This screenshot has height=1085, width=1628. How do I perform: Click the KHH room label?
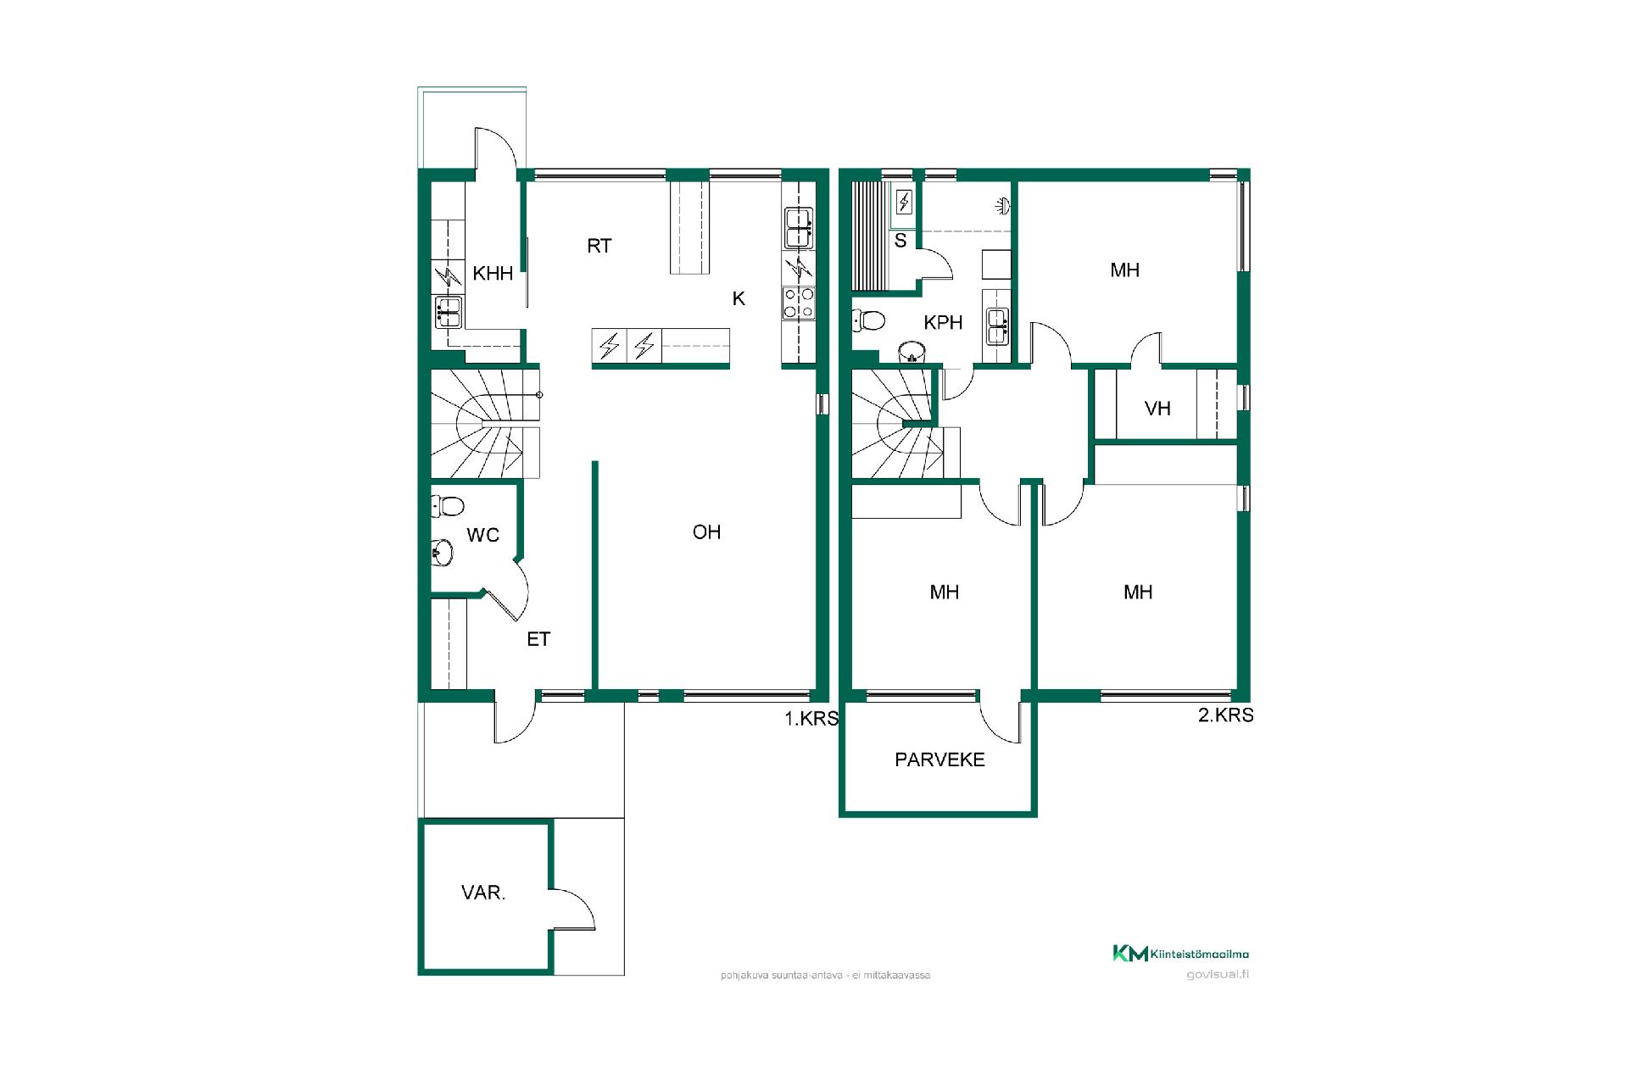(493, 273)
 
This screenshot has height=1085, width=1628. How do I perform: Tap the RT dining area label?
(599, 246)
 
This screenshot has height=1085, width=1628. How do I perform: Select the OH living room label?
(706, 531)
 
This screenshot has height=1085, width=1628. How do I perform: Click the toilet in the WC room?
(447, 507)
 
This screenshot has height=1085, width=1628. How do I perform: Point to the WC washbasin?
(441, 552)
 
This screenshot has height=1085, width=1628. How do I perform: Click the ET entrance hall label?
(538, 639)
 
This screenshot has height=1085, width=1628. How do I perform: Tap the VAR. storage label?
(483, 893)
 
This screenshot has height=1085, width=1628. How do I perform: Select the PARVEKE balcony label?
(939, 759)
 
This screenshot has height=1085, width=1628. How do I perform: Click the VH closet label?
(1157, 409)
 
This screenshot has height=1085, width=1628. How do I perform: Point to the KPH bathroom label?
(943, 323)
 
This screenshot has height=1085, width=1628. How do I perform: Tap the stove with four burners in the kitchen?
(799, 303)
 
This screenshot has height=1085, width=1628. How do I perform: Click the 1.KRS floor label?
(811, 719)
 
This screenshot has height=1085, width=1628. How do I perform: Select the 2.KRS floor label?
(1225, 715)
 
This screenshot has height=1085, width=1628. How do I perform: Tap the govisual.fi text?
(1218, 974)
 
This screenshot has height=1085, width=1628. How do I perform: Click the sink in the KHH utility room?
(447, 311)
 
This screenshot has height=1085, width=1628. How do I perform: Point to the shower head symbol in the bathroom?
(1004, 204)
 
